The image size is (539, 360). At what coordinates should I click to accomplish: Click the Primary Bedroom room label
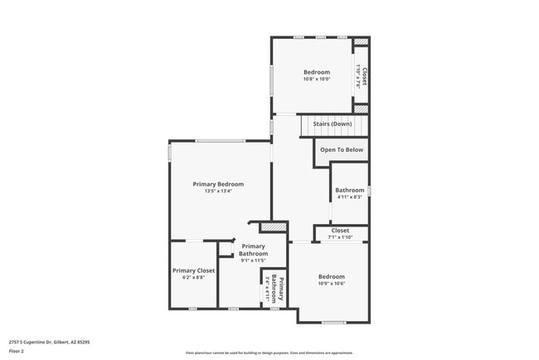click(218, 183)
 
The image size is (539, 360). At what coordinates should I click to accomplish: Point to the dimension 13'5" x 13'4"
click(218, 191)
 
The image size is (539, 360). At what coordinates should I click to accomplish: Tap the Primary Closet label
click(193, 270)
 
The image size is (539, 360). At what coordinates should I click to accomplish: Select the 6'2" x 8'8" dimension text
click(193, 278)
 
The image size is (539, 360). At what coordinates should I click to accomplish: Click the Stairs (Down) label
click(333, 124)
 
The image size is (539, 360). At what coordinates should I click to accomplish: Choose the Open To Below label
click(342, 150)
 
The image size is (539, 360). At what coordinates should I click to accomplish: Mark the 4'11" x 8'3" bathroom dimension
click(349, 197)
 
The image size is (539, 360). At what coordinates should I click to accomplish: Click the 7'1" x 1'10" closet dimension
click(340, 237)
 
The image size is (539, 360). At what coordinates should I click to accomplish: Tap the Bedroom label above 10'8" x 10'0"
click(316, 72)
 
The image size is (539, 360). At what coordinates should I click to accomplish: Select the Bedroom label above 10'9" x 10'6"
click(332, 276)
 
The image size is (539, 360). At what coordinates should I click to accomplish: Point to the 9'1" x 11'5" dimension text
click(254, 260)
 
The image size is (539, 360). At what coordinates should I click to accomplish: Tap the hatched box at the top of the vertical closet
click(361, 41)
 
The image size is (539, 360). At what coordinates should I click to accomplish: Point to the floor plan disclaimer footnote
click(269, 353)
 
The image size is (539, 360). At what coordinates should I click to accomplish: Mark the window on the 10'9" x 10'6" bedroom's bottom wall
click(333, 322)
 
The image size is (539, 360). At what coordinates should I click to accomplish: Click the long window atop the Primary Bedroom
click(220, 140)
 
